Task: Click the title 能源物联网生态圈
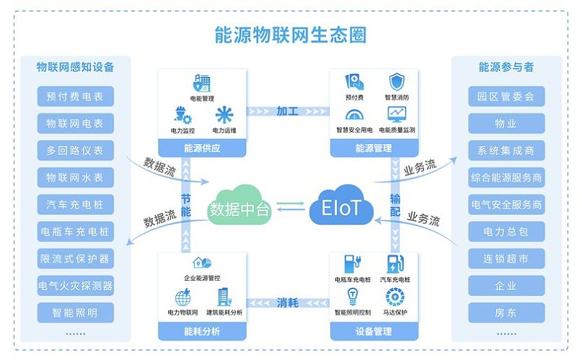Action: (x=291, y=34)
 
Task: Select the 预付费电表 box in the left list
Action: (x=76, y=96)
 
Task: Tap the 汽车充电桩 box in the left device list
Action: (x=76, y=204)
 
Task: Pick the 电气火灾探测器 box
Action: (x=76, y=286)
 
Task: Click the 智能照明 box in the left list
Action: (x=76, y=313)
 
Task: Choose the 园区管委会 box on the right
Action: (x=506, y=96)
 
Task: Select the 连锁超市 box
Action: (x=506, y=259)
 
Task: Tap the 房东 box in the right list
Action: (x=506, y=313)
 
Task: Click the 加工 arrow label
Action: (x=287, y=111)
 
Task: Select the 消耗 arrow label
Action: (x=287, y=303)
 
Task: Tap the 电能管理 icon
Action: (x=202, y=83)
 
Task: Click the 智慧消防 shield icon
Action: (x=396, y=81)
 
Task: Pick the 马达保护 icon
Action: (x=396, y=297)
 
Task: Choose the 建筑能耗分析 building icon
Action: (x=223, y=297)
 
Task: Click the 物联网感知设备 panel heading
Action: (x=76, y=67)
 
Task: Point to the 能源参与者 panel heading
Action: (x=506, y=67)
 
